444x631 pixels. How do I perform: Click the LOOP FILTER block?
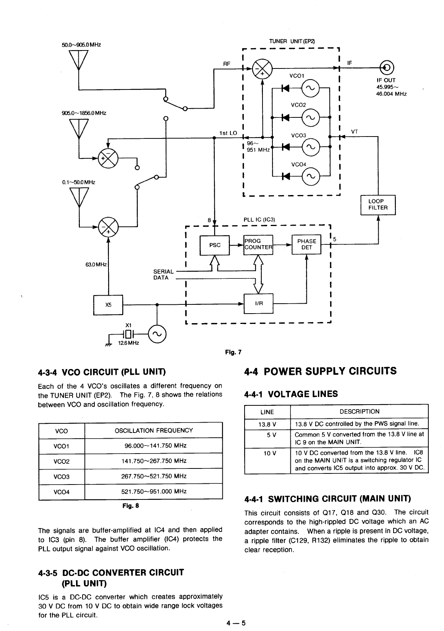(378, 205)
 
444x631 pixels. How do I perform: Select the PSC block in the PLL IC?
(215, 245)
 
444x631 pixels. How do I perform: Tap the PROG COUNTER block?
(258, 244)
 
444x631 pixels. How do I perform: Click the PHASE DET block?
(306, 244)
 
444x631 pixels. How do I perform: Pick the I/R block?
(259, 304)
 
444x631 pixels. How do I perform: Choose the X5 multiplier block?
(108, 305)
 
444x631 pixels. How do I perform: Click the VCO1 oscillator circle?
(310, 89)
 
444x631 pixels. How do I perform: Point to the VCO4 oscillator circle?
(310, 176)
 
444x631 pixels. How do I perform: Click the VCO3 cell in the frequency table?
(62, 477)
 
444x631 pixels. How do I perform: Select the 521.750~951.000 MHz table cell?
(153, 492)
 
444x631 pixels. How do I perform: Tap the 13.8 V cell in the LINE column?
(267, 424)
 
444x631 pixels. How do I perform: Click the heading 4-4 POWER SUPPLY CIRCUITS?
(320, 371)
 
